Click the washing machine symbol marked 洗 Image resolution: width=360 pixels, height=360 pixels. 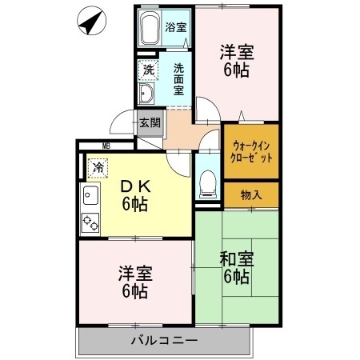pyautogui.click(x=149, y=70)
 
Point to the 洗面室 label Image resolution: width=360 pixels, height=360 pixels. pyautogui.click(x=180, y=79)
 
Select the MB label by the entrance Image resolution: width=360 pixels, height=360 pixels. pyautogui.click(x=106, y=146)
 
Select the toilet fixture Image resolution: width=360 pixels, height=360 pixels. pyautogui.click(x=207, y=183)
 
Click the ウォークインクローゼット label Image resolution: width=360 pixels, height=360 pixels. pyautogui.click(x=252, y=152)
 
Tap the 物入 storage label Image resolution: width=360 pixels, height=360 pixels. pyautogui.click(x=251, y=194)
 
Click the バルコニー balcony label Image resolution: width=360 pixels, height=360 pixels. pyautogui.click(x=164, y=341)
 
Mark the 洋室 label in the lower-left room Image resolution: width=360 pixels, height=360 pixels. pyautogui.click(x=134, y=282)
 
